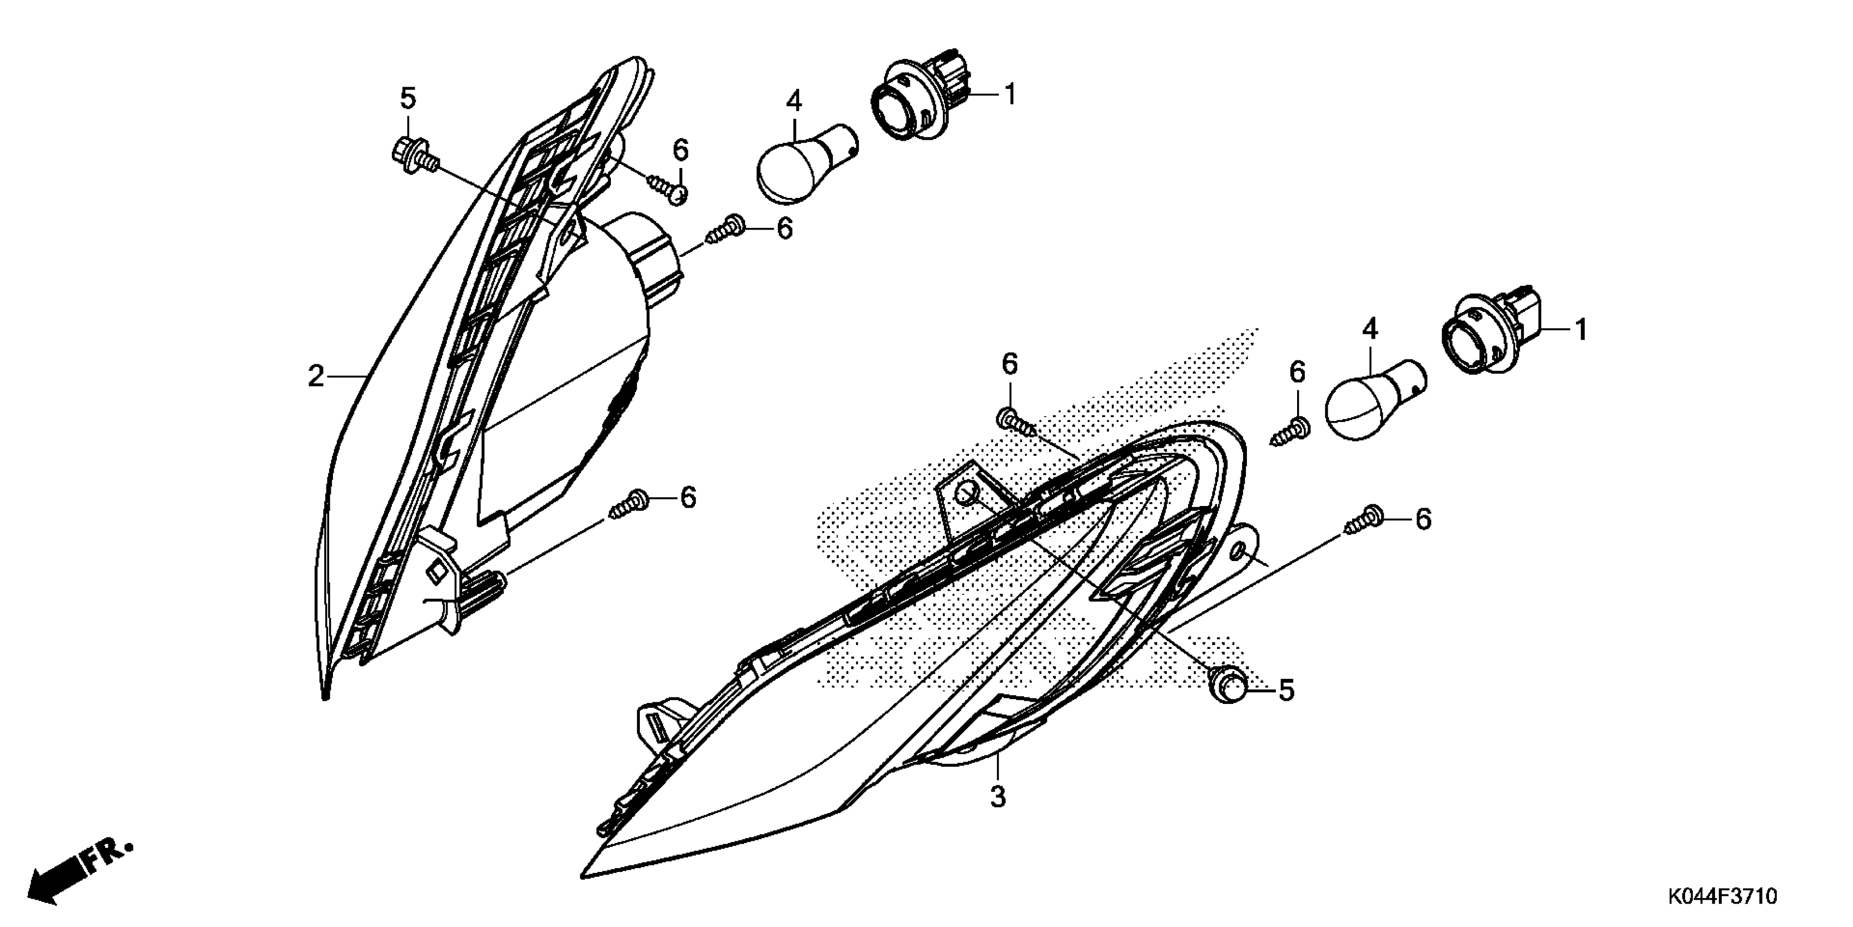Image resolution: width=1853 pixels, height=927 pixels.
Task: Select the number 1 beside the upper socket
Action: coord(1010,94)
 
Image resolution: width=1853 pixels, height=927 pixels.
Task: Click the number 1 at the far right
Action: coord(1581,330)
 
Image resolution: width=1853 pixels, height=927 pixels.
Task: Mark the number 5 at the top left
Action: coord(408,99)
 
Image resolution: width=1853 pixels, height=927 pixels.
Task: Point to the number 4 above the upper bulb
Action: coord(794,101)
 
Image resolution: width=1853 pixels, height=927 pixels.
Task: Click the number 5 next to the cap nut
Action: coord(1286,691)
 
